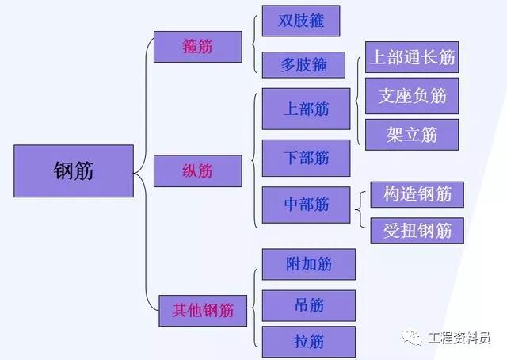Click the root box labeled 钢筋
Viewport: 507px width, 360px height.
click(74, 171)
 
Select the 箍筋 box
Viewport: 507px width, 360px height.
click(198, 47)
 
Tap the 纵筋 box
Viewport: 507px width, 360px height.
click(198, 171)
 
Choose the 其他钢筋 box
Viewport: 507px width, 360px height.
click(203, 311)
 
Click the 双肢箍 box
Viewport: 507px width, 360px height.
click(301, 21)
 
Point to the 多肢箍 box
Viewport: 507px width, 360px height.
click(303, 65)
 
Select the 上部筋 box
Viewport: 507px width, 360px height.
click(307, 109)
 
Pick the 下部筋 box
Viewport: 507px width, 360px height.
click(307, 158)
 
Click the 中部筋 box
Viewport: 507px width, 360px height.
click(307, 205)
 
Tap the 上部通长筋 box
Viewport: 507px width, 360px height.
click(412, 57)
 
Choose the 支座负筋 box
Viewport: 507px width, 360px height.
click(412, 96)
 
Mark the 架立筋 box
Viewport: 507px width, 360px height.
click(412, 135)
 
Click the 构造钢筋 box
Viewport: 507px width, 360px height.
click(417, 194)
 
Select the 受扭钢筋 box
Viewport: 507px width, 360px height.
click(417, 231)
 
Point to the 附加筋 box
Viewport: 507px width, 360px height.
click(309, 264)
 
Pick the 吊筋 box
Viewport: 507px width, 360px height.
click(309, 305)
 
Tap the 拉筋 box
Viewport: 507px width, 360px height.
click(309, 342)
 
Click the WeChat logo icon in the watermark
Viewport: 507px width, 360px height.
click(412, 338)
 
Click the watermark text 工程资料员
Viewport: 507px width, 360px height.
click(459, 338)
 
